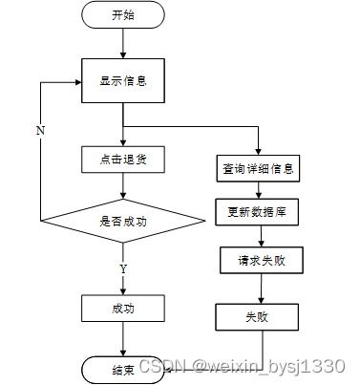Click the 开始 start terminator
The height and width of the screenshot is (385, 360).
pyautogui.click(x=123, y=15)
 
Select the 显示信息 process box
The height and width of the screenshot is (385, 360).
pyautogui.click(x=123, y=80)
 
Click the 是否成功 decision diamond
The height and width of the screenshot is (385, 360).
pyautogui.click(x=123, y=221)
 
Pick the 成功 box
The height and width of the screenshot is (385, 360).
pyautogui.click(x=123, y=308)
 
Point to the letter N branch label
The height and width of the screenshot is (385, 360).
pyautogui.click(x=39, y=130)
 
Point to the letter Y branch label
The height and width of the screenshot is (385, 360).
pyautogui.click(x=123, y=270)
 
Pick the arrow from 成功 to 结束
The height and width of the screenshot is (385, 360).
pyautogui.click(x=123, y=339)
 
